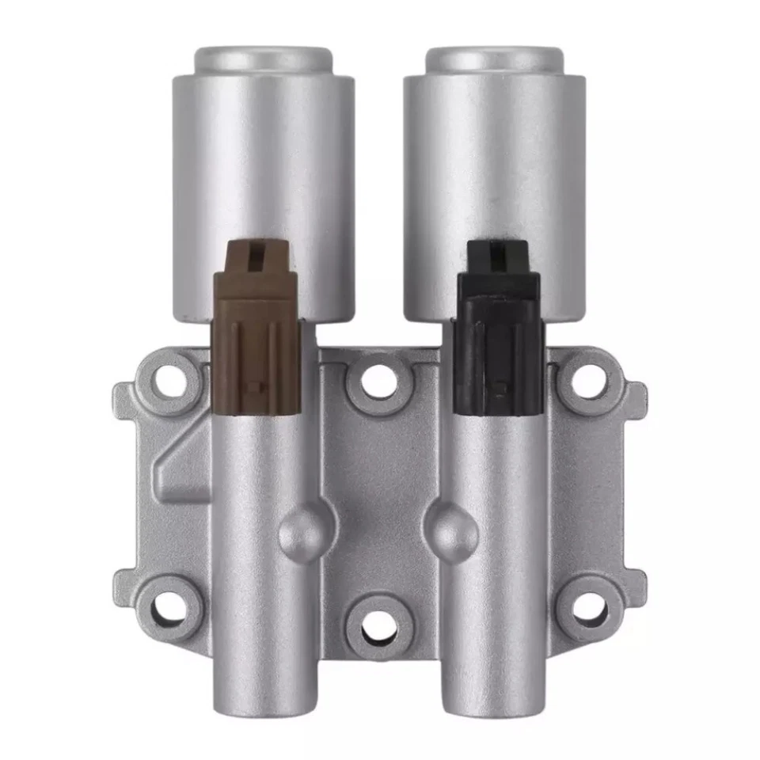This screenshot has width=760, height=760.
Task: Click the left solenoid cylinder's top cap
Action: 262,59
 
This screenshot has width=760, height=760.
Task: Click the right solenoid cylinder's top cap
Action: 495,59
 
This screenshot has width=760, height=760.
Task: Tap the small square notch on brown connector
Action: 256,386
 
